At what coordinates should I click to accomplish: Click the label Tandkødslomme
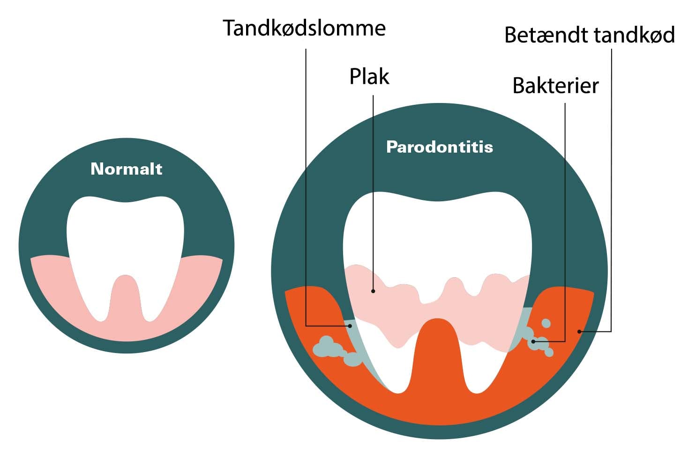coord(304,29)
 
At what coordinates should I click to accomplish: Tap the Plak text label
coord(369,76)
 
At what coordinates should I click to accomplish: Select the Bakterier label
coord(555,86)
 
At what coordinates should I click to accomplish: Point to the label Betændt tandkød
coord(590,36)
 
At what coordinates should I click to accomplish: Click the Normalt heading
coord(127,169)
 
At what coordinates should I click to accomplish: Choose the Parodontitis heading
coord(440,147)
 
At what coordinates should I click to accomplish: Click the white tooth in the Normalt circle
coord(125,234)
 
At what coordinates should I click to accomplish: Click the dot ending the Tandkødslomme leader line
coord(349,326)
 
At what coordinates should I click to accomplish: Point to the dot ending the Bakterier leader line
coord(533,342)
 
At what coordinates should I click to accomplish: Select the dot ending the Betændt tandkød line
coord(580,331)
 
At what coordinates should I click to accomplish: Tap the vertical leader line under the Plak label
coord(373,187)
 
